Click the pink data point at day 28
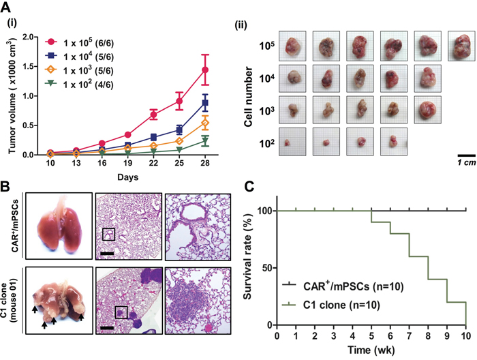205,70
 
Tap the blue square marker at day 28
205,103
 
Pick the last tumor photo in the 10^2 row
394,144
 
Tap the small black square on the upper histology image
108,235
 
